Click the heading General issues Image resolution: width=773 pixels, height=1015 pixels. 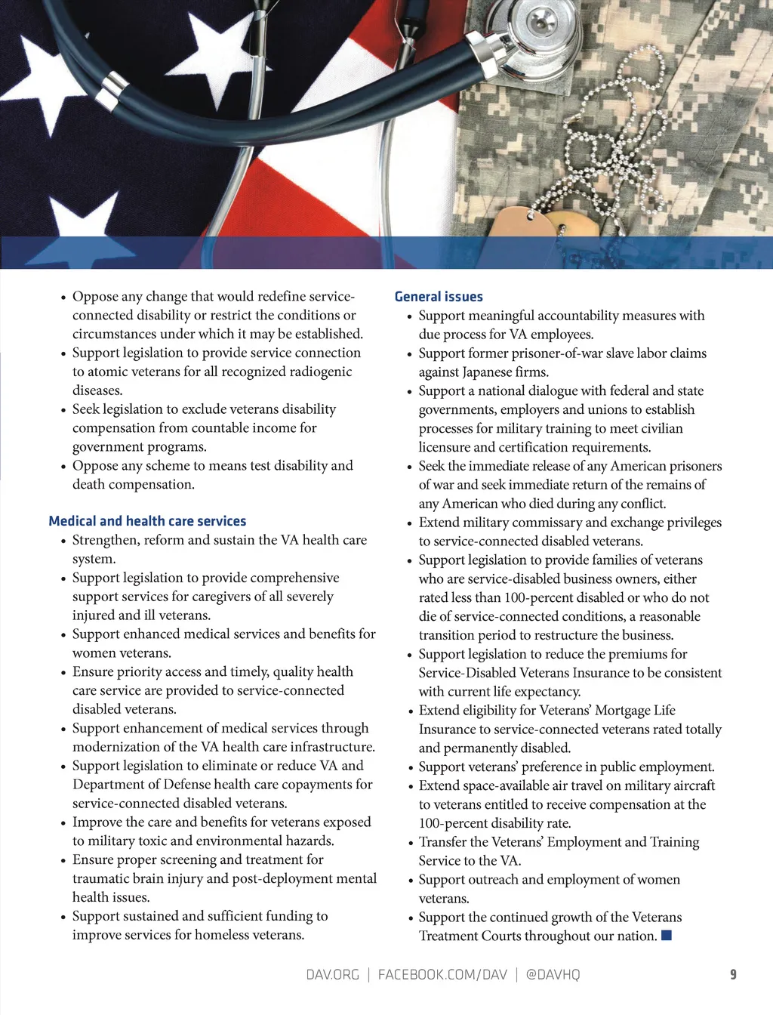pyautogui.click(x=439, y=297)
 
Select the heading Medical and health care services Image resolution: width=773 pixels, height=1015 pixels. pyautogui.click(x=147, y=521)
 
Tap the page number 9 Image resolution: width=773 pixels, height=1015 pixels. pyautogui.click(x=733, y=975)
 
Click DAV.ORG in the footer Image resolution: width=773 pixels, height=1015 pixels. pyautogui.click(x=332, y=975)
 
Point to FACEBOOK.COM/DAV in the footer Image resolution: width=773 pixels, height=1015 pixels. pyautogui.click(x=442, y=975)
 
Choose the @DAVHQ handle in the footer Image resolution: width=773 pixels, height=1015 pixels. pyautogui.click(x=553, y=975)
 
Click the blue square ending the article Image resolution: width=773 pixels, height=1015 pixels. pyautogui.click(x=667, y=936)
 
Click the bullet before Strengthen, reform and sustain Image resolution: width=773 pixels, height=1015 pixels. pyautogui.click(x=64, y=541)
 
